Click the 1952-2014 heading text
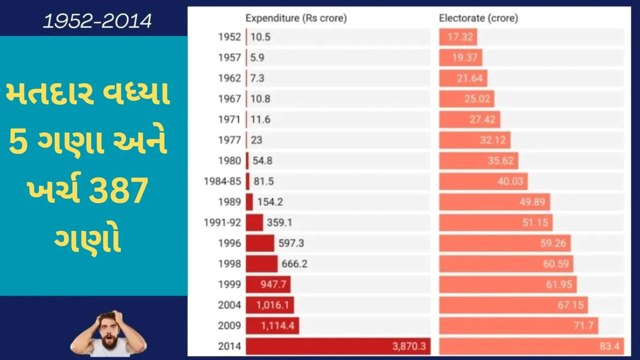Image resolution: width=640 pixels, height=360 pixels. [97, 21]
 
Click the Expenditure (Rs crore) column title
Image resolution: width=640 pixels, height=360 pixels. [296, 18]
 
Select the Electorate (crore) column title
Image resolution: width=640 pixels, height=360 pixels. [478, 18]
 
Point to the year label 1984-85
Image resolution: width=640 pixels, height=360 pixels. [222, 181]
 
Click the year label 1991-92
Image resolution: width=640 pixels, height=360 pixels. [222, 222]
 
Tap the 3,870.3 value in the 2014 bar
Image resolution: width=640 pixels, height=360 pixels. [409, 346]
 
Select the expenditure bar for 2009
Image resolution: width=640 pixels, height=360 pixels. [272, 326]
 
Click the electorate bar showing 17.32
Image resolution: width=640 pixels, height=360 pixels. [458, 37]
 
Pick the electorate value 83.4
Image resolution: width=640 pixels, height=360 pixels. [609, 346]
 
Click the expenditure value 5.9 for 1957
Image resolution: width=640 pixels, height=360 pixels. [257, 58]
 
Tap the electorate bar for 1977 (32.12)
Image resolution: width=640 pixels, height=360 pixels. [474, 140]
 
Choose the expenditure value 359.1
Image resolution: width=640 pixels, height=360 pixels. [279, 222]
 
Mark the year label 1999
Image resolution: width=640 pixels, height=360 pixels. [230, 284]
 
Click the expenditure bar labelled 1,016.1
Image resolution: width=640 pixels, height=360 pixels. [270, 305]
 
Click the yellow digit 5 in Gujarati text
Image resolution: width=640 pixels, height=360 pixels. [18, 142]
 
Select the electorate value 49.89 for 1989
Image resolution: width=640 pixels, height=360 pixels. [532, 202]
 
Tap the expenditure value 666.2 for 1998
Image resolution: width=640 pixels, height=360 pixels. [294, 264]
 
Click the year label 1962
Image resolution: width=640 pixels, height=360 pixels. [230, 78]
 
